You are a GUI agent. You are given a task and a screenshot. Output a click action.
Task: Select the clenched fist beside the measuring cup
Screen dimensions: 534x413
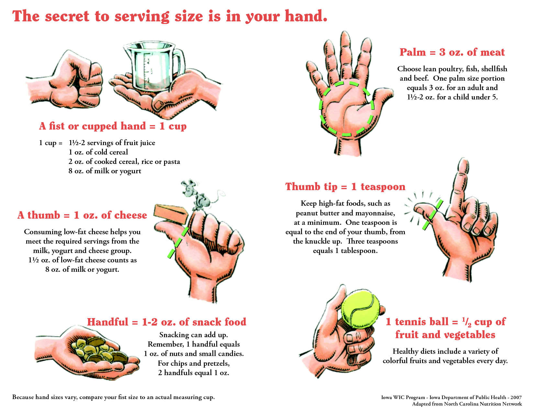point(64,80)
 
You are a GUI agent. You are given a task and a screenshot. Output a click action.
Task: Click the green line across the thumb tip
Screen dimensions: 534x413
point(433,215)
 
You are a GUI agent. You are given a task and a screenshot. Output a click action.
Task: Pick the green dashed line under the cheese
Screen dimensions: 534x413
point(178,243)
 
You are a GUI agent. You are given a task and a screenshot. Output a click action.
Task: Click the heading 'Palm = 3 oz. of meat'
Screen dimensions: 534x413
point(452,52)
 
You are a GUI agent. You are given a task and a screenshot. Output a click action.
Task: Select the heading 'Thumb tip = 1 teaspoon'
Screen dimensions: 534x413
point(345,187)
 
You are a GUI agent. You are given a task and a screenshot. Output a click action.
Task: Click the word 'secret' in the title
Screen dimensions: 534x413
point(67,17)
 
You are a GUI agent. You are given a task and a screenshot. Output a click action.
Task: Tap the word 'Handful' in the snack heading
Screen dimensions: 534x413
point(108,322)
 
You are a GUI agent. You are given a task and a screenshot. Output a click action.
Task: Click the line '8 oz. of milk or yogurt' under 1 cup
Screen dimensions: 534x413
point(105,171)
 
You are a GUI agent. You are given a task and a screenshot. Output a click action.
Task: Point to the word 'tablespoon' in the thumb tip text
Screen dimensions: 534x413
point(359,251)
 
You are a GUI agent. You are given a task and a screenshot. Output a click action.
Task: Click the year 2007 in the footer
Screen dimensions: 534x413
point(516,397)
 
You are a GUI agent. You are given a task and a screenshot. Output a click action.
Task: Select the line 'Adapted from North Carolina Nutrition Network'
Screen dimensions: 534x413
point(467,404)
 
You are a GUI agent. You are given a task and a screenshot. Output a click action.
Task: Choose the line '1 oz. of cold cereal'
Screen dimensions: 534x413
point(98,152)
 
